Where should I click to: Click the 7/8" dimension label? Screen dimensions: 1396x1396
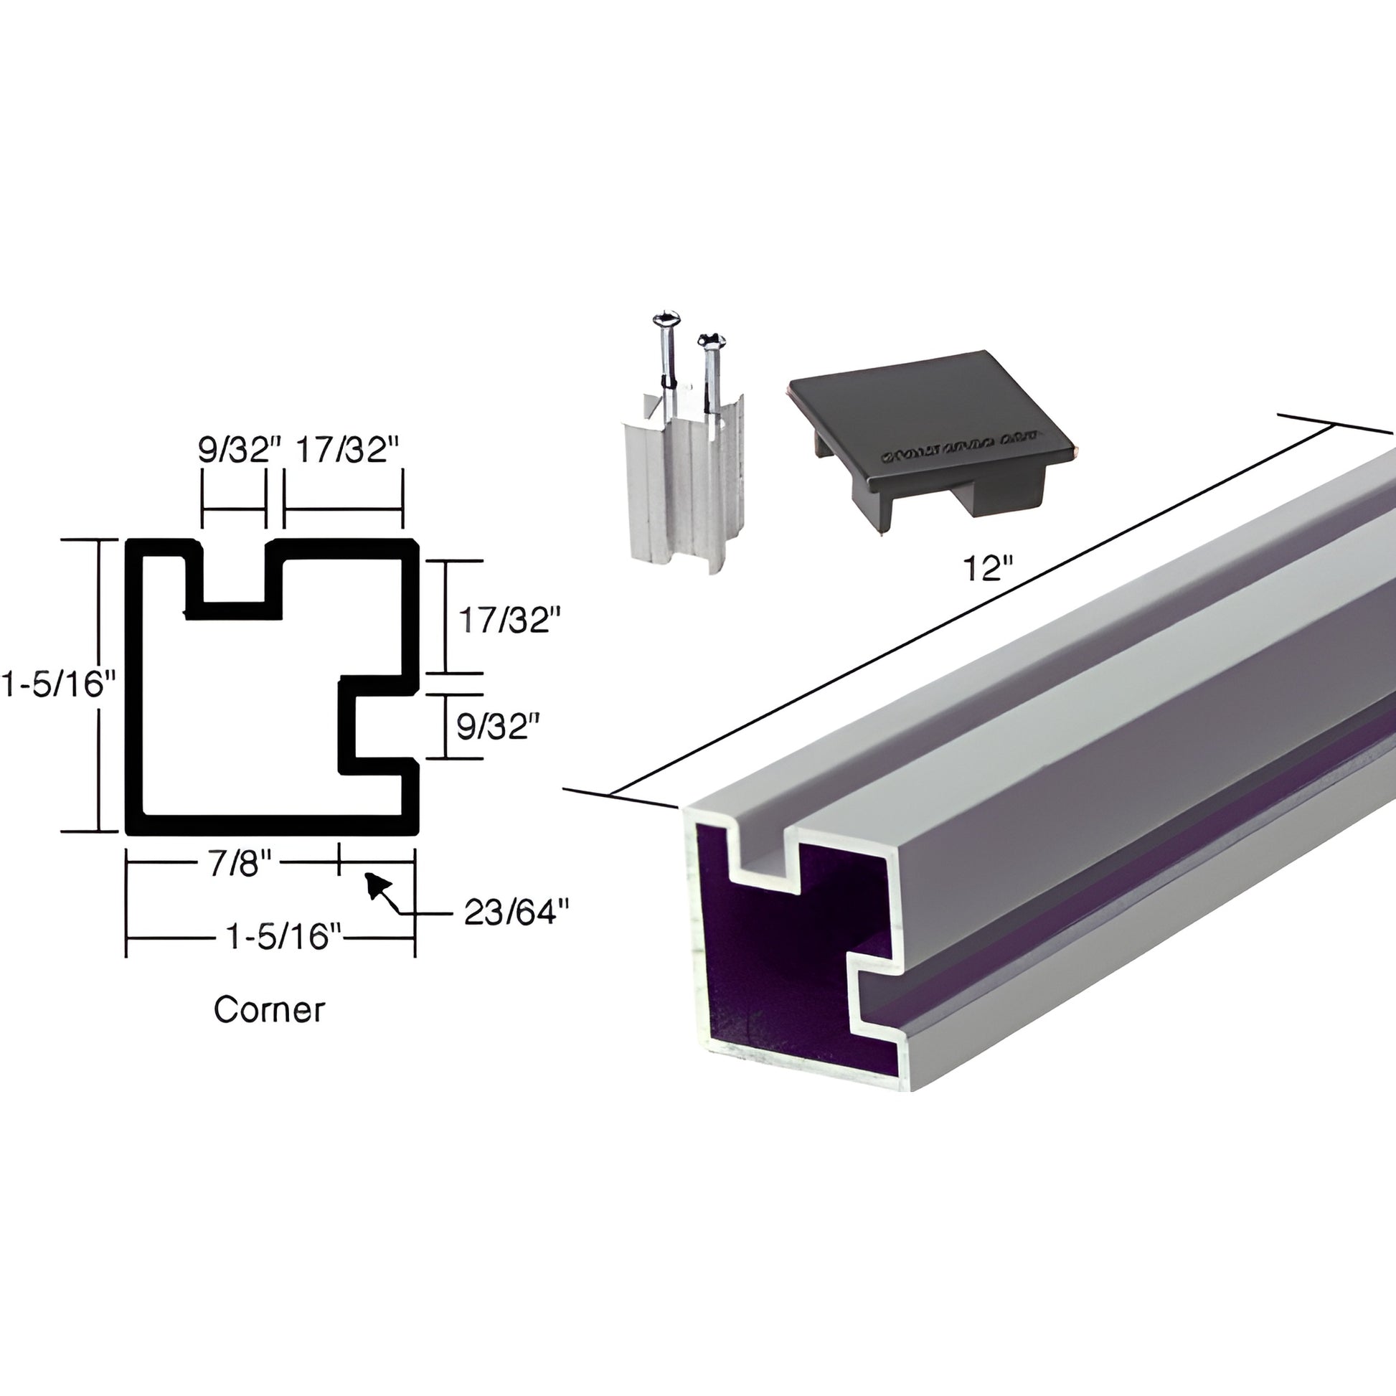click(239, 864)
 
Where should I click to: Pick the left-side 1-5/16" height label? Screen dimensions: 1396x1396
click(58, 684)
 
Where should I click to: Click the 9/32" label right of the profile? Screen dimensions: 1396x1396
click(498, 726)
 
